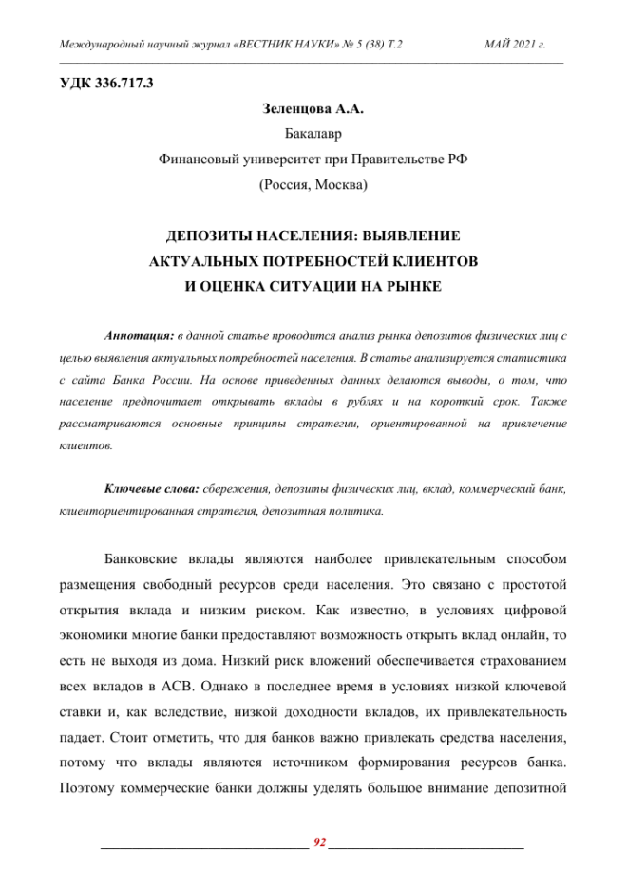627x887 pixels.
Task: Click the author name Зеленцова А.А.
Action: click(313, 109)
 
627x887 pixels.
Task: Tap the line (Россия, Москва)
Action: click(313, 185)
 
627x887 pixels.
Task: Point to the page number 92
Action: click(319, 842)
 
